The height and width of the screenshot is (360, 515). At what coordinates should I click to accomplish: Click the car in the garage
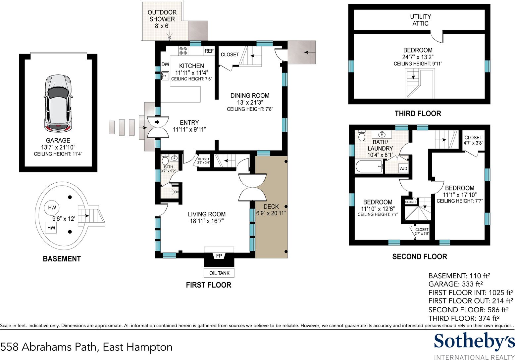[58, 103]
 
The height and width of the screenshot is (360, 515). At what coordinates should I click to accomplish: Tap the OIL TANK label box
[219, 273]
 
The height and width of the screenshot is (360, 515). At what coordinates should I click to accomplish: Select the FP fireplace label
[219, 256]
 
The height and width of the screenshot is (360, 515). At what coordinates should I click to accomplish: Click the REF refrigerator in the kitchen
[209, 51]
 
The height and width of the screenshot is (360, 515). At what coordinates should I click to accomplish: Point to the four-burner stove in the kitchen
[183, 51]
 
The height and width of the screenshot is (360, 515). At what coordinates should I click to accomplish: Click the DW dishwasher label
[165, 64]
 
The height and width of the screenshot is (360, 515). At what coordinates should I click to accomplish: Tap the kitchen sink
[165, 75]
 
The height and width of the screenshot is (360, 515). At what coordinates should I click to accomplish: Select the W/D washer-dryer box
[403, 168]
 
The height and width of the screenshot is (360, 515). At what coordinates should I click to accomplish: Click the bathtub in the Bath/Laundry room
[369, 166]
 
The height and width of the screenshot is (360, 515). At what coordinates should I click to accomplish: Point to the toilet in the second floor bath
[362, 136]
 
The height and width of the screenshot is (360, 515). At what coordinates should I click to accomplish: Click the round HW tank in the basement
[52, 207]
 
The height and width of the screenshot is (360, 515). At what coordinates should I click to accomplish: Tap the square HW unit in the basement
[51, 227]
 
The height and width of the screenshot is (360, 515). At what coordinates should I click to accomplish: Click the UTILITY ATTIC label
[420, 20]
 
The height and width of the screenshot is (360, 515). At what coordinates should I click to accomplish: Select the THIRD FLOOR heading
[418, 113]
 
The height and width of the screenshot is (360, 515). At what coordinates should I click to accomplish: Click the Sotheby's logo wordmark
[474, 341]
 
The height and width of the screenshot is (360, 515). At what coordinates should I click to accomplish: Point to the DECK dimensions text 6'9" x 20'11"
[271, 213]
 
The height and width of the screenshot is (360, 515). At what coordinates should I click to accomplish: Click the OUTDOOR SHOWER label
[162, 16]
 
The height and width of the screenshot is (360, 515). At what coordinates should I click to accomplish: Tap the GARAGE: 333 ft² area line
[455, 284]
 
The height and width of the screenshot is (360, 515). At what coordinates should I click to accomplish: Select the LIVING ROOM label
[207, 214]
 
